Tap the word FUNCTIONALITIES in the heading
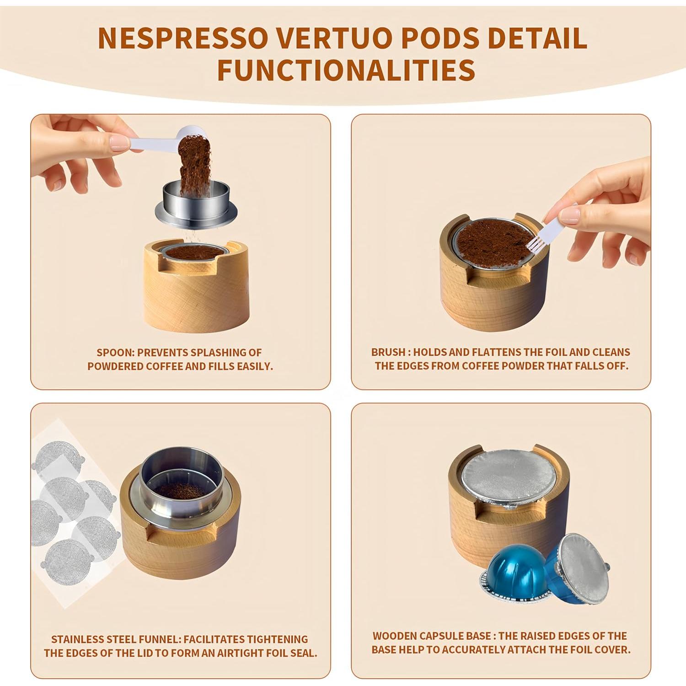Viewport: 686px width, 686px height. pyautogui.click(x=346, y=70)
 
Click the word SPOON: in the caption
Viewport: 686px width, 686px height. pyautogui.click(x=116, y=353)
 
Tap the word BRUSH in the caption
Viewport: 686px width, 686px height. pyautogui.click(x=388, y=352)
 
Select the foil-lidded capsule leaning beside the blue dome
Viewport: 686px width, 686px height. pyautogui.click(x=579, y=565)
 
